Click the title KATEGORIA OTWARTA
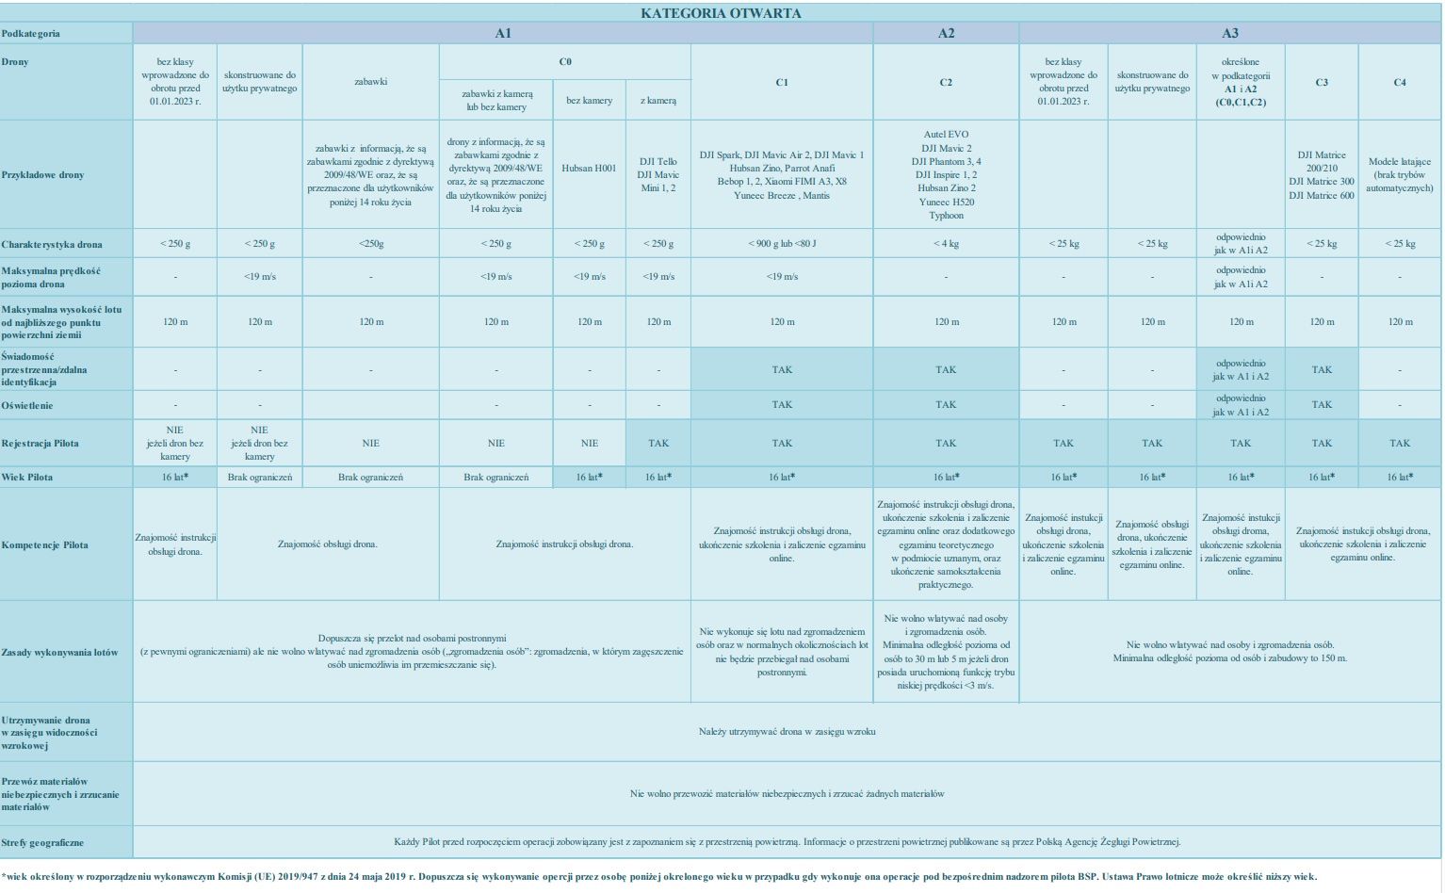tap(721, 13)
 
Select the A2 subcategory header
tap(946, 33)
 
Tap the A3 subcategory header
tap(1229, 33)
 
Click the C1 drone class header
tap(781, 82)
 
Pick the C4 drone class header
tap(1399, 82)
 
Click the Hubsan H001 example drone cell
tap(589, 168)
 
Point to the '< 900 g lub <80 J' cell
tap(782, 243)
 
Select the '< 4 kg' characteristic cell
tap(946, 243)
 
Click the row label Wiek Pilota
tap(27, 477)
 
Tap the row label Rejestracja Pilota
tap(40, 444)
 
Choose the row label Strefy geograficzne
tap(42, 842)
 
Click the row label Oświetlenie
tap(27, 405)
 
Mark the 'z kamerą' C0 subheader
tap(658, 100)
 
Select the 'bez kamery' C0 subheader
tap(589, 100)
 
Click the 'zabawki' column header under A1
tap(370, 82)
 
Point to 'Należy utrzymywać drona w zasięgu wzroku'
tap(787, 731)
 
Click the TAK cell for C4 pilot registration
tap(1399, 443)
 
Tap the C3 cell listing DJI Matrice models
tap(1322, 175)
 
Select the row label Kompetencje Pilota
tap(44, 544)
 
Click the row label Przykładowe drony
tap(42, 175)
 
